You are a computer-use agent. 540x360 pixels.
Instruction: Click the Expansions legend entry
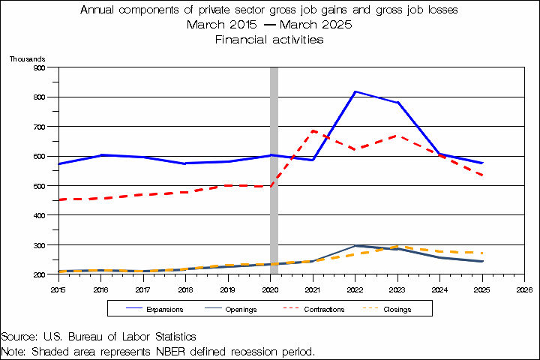(160, 309)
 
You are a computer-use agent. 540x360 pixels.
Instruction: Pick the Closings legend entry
(397, 309)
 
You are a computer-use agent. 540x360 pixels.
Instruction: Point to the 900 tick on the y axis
(40, 67)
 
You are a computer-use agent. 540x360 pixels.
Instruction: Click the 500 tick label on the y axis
(40, 186)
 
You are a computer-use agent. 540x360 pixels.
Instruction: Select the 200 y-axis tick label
(40, 274)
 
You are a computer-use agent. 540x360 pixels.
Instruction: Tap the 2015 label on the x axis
(58, 288)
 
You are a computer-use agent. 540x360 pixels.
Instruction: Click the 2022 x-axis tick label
(355, 288)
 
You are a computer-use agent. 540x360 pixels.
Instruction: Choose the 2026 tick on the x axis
(524, 288)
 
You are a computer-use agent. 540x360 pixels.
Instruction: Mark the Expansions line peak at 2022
(355, 91)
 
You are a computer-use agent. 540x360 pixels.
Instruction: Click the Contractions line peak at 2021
(313, 130)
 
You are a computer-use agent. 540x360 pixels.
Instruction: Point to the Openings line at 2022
(355, 245)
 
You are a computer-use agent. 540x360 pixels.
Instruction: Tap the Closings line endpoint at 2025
(481, 253)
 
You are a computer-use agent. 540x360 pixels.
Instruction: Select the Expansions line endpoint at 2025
(481, 163)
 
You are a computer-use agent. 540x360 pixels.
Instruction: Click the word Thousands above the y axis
(27, 58)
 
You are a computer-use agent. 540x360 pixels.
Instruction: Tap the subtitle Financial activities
(269, 40)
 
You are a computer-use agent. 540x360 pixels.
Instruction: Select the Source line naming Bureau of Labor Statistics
(99, 337)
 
